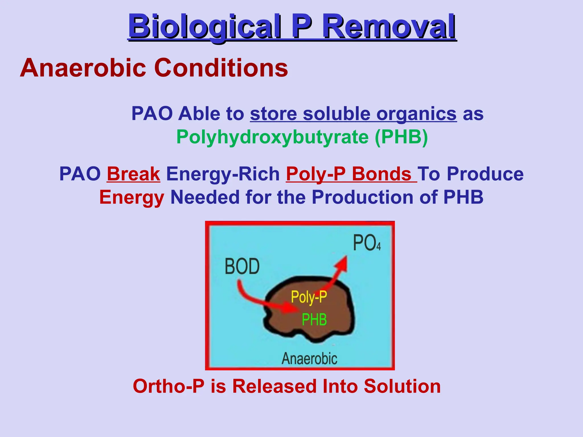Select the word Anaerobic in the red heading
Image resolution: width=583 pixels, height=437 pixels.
click(83, 68)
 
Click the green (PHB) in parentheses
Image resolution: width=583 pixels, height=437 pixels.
click(401, 137)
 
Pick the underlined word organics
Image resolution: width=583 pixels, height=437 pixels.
click(416, 114)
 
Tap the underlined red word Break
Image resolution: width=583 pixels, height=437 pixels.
click(134, 174)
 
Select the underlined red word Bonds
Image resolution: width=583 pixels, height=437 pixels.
click(381, 174)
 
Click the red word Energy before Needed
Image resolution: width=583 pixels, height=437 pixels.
click(132, 197)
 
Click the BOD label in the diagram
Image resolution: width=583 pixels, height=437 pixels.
click(242, 267)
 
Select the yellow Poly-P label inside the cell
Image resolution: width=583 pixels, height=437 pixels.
click(309, 297)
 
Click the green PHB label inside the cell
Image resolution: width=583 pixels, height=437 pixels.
click(314, 320)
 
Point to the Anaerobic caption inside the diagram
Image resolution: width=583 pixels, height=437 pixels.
click(309, 358)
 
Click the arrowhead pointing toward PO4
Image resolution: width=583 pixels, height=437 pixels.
click(342, 263)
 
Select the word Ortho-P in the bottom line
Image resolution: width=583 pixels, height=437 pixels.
click(169, 386)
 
